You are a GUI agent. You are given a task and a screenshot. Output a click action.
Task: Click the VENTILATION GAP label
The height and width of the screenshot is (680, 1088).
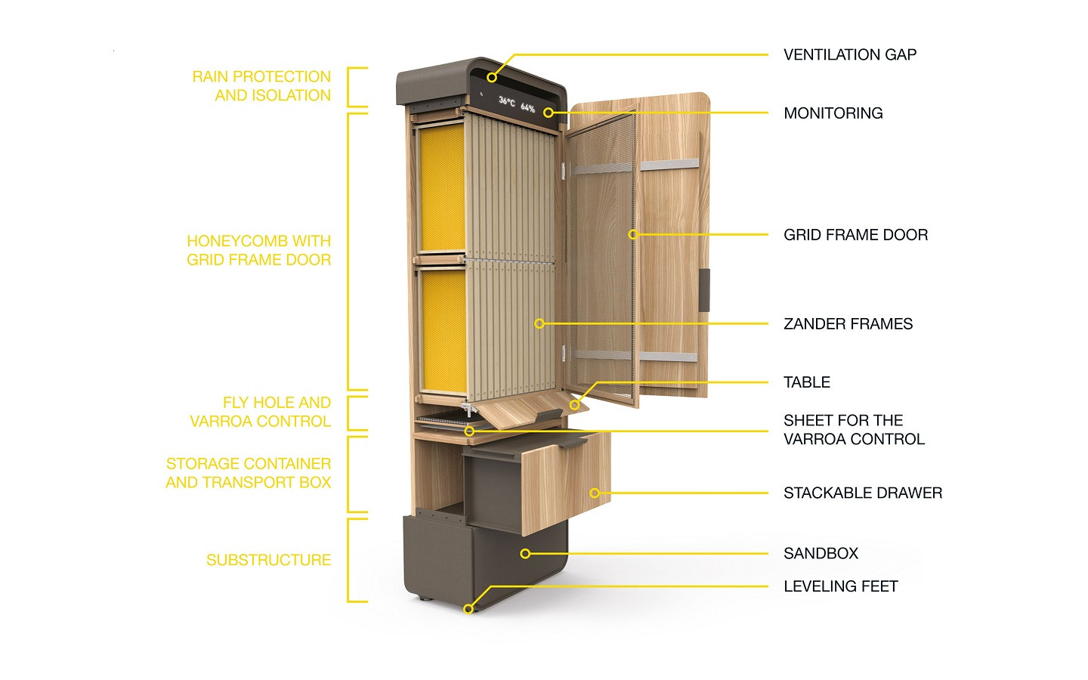[849, 54]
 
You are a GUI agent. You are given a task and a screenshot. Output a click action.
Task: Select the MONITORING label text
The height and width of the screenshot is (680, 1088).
[833, 113]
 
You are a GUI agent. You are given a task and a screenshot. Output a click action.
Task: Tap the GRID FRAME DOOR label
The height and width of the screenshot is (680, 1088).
[855, 235]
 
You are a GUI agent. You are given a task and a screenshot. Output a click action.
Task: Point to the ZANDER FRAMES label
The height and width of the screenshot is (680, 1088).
[848, 324]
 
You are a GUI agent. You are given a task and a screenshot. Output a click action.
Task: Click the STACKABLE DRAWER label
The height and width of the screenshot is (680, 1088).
[862, 493]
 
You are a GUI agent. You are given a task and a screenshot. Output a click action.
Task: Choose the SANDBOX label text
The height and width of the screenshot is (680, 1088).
[821, 554]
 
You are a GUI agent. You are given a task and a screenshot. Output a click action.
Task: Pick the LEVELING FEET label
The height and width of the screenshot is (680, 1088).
[840, 586]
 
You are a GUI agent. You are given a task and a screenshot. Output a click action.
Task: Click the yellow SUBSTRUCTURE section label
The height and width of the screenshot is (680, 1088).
[268, 560]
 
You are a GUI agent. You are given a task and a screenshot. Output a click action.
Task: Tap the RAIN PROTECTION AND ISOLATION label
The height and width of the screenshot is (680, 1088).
[261, 86]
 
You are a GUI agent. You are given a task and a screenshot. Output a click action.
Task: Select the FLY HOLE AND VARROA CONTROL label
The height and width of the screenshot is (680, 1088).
[261, 412]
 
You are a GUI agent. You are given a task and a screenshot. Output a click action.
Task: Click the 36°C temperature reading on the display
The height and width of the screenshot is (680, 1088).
[507, 101]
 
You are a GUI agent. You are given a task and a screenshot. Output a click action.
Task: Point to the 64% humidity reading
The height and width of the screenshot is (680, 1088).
[527, 108]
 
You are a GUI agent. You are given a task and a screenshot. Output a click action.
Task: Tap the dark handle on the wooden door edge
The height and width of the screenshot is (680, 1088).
[704, 289]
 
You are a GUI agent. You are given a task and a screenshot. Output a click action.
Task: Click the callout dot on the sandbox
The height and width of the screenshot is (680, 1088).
[525, 554]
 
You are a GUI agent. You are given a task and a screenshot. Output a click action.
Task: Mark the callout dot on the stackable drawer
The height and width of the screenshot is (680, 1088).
[595, 493]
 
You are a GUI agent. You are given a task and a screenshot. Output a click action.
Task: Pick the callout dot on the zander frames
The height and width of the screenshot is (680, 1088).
[539, 323]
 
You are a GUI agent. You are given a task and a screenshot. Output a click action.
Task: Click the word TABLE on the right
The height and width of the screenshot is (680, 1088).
[806, 382]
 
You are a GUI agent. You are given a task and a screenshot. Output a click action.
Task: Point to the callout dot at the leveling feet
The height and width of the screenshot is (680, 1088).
[468, 608]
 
